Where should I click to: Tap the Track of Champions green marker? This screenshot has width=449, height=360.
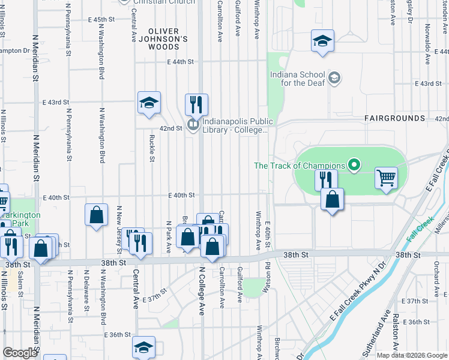354,165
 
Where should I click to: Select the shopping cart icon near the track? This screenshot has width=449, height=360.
387,178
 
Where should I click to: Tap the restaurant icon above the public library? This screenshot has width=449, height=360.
196,105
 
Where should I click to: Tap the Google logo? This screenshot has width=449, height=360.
20,353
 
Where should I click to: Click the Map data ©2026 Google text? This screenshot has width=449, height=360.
411,355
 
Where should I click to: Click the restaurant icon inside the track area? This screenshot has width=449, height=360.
326,179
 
